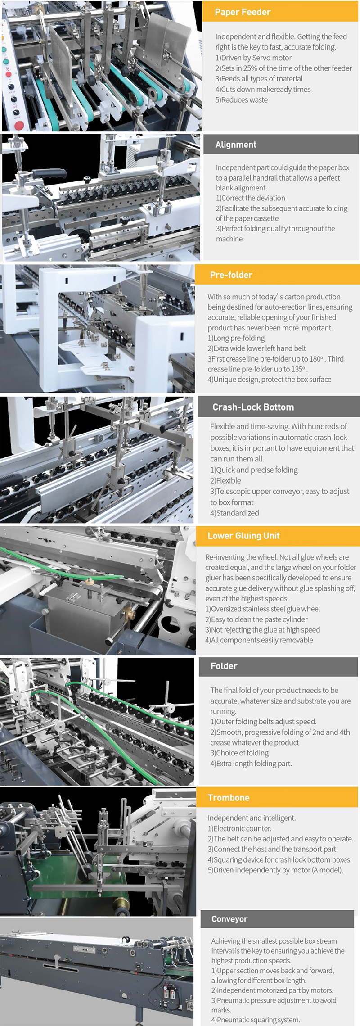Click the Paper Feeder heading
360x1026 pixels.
click(243, 12)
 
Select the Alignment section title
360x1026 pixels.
click(236, 145)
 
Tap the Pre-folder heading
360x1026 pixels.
click(231, 275)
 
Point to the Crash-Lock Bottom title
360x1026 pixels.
click(253, 407)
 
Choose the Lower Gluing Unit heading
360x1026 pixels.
click(243, 536)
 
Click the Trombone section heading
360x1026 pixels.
click(229, 798)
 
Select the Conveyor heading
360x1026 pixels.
click(229, 919)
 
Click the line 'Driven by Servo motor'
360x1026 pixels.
click(253, 58)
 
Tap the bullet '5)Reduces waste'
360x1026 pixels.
click(241, 100)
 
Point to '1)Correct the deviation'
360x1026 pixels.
click(250, 198)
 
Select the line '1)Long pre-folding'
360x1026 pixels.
click(236, 338)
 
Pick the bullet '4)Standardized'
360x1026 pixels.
click(234, 513)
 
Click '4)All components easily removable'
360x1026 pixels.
click(259, 640)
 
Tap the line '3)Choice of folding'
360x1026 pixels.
click(239, 753)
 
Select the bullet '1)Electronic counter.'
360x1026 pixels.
click(239, 828)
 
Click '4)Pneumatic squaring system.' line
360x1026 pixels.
click(256, 1020)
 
